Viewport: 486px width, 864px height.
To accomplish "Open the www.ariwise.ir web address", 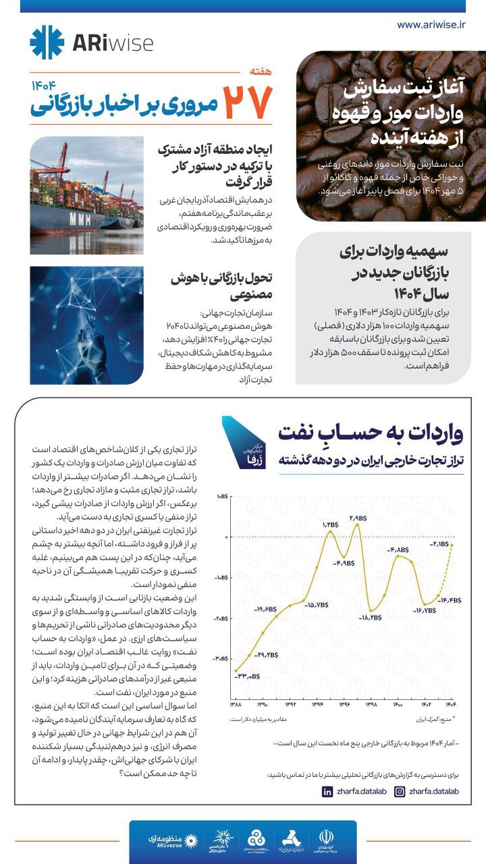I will coord(431,24).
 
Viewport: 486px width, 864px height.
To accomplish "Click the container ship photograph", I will coord(86,195).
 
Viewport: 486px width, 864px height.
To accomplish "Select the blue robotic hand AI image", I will coord(86,325).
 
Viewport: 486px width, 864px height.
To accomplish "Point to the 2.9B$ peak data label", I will coord(358,518).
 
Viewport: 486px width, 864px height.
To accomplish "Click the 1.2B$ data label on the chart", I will coord(329,524).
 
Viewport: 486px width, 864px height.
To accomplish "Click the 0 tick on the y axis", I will coord(227,537).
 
